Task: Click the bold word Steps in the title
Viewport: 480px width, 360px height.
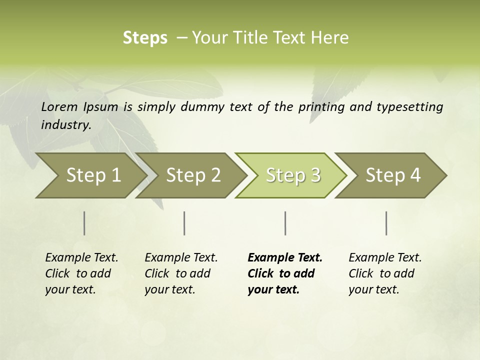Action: (x=145, y=38)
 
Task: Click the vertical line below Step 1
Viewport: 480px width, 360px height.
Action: (x=84, y=223)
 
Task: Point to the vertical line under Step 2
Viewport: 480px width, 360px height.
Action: (x=184, y=223)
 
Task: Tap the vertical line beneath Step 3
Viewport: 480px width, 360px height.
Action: (x=285, y=223)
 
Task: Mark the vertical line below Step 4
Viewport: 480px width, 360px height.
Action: (x=386, y=223)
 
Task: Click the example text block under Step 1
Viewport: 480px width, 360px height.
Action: (x=81, y=273)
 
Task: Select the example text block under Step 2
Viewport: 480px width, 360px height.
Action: (x=181, y=273)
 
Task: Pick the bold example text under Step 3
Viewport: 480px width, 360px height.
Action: (x=285, y=273)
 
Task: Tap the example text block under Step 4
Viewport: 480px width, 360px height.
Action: (x=385, y=273)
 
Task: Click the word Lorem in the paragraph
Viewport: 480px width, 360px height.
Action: (x=59, y=107)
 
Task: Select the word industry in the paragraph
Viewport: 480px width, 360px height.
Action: (x=66, y=124)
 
